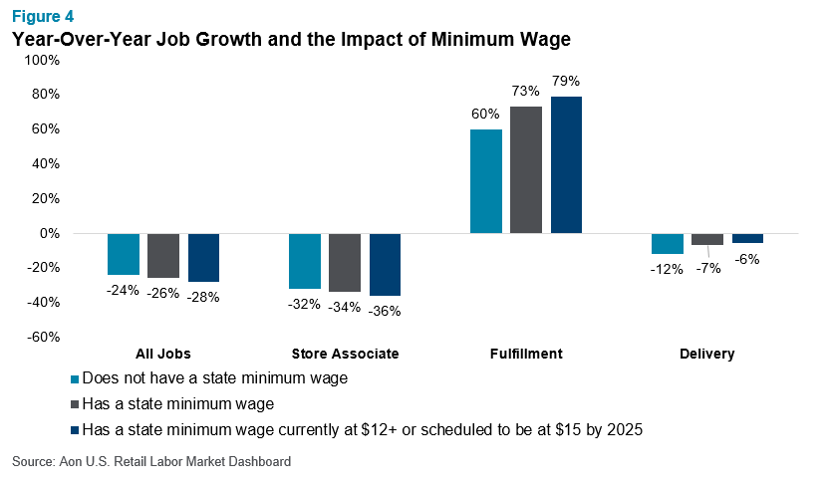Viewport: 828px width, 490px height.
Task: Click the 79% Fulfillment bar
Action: pos(566,164)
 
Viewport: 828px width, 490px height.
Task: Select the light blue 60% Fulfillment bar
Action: pos(485,181)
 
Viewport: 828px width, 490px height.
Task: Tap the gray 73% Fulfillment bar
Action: pos(526,169)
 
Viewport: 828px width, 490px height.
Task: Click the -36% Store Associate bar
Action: pos(385,264)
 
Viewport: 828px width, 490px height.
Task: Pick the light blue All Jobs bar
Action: pos(123,254)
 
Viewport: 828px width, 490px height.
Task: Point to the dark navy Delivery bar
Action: pos(747,238)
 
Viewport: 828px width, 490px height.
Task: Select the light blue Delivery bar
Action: pos(667,243)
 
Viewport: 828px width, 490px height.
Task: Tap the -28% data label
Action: pos(203,296)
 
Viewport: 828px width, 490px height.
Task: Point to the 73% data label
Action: pos(526,92)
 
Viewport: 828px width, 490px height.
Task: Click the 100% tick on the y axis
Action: pos(42,60)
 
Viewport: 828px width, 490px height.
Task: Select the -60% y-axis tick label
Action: pos(42,337)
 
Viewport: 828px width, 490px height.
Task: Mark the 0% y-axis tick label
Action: pos(49,233)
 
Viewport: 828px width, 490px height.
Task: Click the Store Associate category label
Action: pos(345,354)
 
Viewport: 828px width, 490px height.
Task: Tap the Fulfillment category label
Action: pos(526,354)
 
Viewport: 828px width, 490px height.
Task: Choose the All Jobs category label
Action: pos(162,354)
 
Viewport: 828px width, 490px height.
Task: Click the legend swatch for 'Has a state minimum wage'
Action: pos(75,404)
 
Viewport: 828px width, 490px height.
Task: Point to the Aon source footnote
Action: pos(151,462)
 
